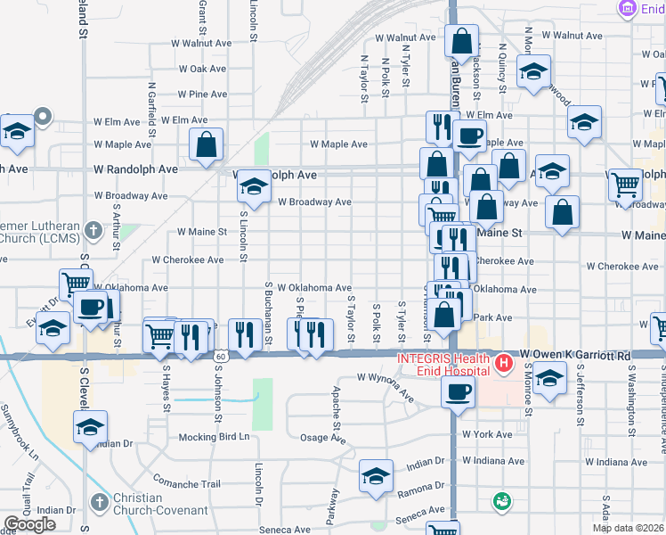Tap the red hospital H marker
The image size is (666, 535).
(504, 364)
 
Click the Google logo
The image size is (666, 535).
(29, 524)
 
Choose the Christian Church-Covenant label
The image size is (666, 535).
(137, 504)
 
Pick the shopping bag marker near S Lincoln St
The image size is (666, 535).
(206, 144)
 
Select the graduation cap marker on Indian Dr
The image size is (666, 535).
(376, 475)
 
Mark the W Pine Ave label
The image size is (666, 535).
(202, 94)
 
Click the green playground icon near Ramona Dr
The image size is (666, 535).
(501, 501)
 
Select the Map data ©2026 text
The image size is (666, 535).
(629, 528)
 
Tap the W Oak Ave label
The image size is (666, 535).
(202, 68)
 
